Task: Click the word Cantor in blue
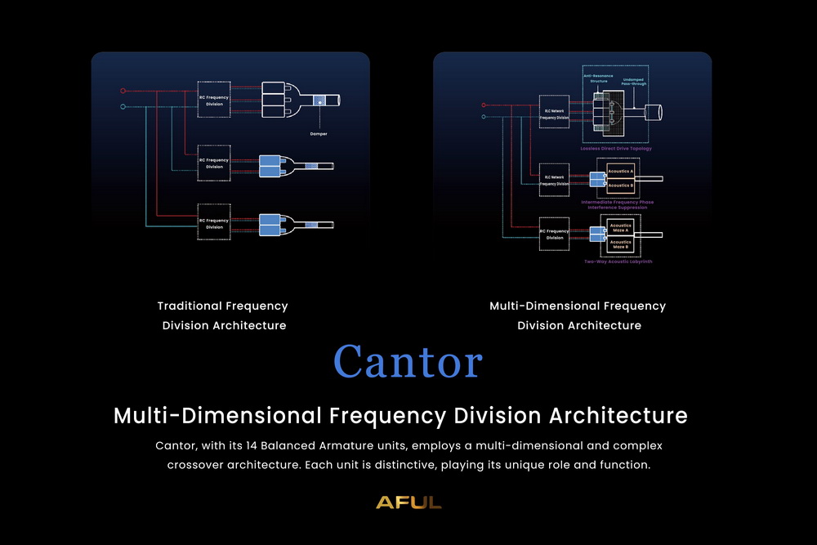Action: click(408, 362)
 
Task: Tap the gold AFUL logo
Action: click(408, 503)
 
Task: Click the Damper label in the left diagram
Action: click(319, 133)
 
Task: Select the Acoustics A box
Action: click(621, 173)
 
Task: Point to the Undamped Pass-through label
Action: click(638, 82)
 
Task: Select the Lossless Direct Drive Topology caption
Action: click(617, 149)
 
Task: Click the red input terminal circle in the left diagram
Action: click(123, 91)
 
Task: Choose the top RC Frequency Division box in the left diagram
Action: click(214, 100)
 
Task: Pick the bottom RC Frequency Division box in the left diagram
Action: click(214, 221)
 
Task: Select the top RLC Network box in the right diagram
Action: click(554, 113)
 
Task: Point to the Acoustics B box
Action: click(621, 185)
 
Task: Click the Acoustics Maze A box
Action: click(621, 228)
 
